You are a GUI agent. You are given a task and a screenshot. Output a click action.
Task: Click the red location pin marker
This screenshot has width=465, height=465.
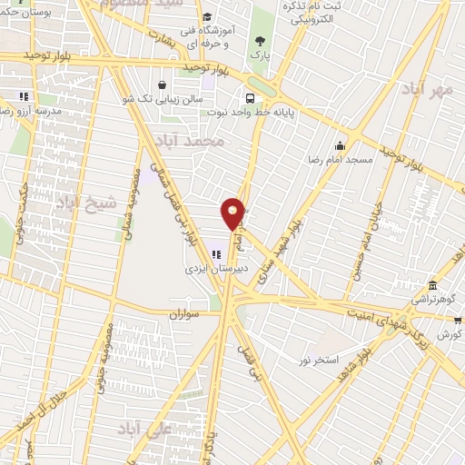click(234, 213)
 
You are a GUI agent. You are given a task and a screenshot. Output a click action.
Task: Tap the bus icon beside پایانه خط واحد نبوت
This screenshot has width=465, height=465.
click(248, 98)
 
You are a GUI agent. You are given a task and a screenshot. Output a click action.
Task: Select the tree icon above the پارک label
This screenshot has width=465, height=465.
click(262, 40)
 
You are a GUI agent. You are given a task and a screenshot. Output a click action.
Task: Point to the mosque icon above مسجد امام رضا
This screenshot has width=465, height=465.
click(340, 145)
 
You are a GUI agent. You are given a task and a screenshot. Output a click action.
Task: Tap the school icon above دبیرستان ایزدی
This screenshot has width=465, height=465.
click(216, 254)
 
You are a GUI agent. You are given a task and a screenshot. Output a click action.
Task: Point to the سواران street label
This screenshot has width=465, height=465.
click(183, 314)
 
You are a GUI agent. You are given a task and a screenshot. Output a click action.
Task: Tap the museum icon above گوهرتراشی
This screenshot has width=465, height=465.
click(432, 284)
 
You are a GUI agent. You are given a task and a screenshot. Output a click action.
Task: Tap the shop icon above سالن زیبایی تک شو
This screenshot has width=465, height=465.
click(163, 85)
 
